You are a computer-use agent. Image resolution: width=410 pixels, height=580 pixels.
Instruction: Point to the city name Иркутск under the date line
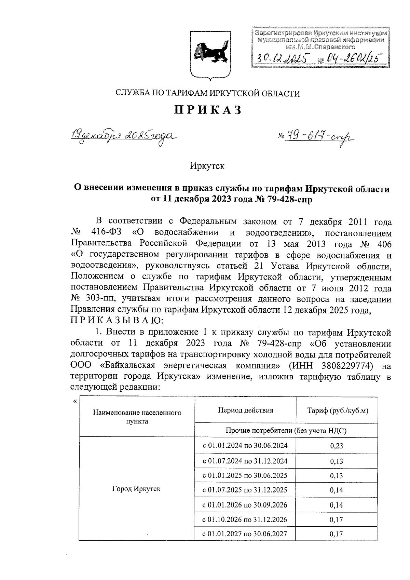click(x=207, y=166)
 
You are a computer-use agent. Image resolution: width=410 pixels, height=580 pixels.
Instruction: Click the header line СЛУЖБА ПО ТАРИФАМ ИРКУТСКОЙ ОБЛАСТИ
click(x=208, y=93)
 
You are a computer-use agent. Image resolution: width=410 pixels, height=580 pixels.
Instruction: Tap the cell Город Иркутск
click(x=136, y=489)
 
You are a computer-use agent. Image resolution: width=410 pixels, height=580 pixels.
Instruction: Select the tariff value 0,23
click(x=337, y=446)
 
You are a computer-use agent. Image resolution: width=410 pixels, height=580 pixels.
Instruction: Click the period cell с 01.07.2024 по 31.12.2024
click(x=245, y=461)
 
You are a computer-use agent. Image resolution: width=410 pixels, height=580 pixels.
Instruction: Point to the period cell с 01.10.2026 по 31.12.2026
click(x=245, y=520)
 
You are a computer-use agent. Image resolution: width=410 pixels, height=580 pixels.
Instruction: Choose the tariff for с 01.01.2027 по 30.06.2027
click(x=337, y=534)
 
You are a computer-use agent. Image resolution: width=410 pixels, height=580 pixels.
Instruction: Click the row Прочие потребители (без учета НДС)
click(x=286, y=430)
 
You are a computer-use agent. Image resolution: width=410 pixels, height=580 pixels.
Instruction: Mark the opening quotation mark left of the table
click(x=75, y=401)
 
